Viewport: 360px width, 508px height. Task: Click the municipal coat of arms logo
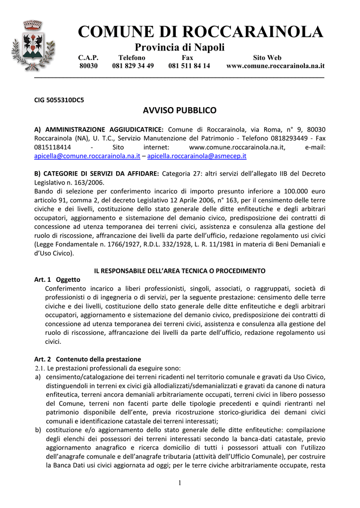(x=33, y=45)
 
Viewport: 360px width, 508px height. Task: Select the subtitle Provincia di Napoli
(x=180, y=48)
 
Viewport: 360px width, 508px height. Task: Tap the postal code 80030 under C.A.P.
(x=88, y=65)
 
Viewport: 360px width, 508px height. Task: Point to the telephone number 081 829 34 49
(x=133, y=65)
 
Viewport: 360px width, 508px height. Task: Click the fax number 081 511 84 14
(x=189, y=65)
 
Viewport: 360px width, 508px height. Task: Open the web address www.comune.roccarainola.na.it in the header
(x=275, y=65)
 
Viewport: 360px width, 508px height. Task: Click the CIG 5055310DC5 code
(x=59, y=99)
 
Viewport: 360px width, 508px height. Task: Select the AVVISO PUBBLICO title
(x=180, y=110)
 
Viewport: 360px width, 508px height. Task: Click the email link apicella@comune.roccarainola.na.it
(x=87, y=156)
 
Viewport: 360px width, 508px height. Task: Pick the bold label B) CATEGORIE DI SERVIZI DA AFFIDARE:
(x=96, y=173)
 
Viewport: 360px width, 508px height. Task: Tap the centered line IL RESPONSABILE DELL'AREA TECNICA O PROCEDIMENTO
(x=180, y=270)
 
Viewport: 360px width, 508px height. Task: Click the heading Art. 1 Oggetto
(x=57, y=279)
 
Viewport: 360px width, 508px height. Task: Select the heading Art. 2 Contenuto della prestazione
(x=87, y=359)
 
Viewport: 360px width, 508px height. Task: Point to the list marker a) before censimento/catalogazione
(x=37, y=377)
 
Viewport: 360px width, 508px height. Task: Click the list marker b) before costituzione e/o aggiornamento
(x=37, y=430)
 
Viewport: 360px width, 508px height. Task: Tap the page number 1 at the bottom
(x=180, y=484)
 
